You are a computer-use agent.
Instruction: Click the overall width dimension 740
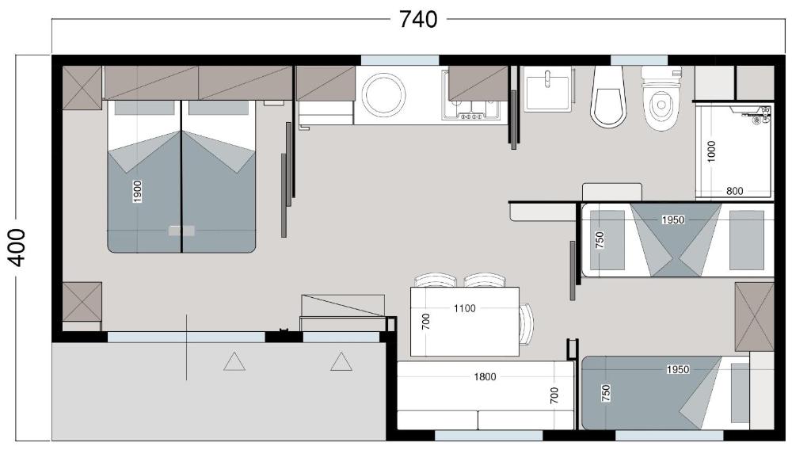[418, 20]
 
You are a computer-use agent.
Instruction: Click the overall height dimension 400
[17, 247]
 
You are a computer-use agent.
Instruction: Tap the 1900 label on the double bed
[137, 192]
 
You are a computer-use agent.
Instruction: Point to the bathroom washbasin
[548, 88]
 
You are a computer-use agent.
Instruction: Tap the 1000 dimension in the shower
[711, 151]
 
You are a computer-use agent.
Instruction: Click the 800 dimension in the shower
[734, 191]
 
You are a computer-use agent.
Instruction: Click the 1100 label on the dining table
[464, 308]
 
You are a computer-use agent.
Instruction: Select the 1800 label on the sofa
[485, 377]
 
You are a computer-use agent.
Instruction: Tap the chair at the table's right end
[527, 324]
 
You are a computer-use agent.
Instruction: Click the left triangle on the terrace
[234, 361]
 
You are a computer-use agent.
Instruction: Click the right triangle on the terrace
[341, 361]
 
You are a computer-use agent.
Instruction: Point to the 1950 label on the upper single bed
[673, 220]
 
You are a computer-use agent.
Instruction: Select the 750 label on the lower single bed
[606, 393]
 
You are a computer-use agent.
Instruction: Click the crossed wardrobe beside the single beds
[754, 317]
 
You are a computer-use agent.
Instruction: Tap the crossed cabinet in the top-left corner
[82, 87]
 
